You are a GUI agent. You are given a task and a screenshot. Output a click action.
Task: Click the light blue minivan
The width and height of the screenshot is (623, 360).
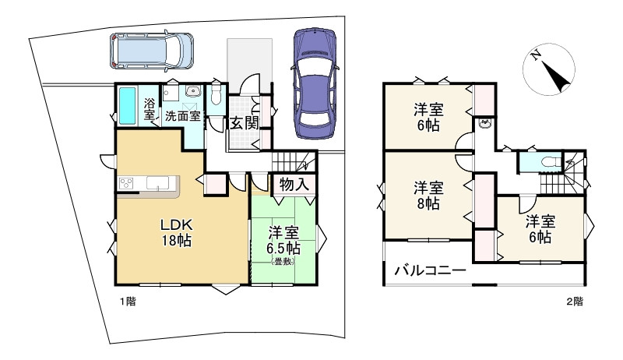[x=151, y=51]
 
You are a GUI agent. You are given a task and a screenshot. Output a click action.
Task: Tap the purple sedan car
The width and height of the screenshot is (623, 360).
[x=315, y=83]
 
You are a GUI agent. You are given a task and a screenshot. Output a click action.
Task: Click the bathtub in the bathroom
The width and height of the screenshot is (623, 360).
[x=128, y=106]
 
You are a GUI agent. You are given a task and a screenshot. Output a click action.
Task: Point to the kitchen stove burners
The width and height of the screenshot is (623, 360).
[x=127, y=183]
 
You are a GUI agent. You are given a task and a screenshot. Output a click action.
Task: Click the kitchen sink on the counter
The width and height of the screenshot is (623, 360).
[x=158, y=183]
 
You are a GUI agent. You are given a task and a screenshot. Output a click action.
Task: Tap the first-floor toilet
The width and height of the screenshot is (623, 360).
[x=216, y=95]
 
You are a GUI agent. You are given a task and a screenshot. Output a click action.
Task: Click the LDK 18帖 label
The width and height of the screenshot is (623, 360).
[x=176, y=232]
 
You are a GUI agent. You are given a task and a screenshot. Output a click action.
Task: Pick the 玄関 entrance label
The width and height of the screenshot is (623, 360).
[x=245, y=124]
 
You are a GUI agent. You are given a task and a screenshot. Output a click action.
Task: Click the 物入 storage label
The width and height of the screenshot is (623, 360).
[x=294, y=185]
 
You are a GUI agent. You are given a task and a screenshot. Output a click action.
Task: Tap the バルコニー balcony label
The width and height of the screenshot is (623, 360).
[x=430, y=271]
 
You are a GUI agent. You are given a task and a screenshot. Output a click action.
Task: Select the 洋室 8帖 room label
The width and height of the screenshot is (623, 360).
[x=428, y=195]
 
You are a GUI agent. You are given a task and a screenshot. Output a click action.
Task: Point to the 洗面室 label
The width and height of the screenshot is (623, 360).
[x=183, y=116]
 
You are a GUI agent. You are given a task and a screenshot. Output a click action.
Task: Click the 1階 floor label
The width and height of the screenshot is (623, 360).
[x=128, y=302]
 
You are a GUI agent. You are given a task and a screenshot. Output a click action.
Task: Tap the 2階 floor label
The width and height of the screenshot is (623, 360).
[x=575, y=302]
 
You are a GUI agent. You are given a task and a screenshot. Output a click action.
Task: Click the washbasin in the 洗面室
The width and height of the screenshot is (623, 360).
[x=193, y=91]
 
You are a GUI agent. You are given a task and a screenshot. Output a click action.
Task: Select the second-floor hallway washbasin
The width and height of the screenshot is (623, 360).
[x=484, y=124]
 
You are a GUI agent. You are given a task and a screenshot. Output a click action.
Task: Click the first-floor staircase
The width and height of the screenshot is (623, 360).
[x=294, y=162]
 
